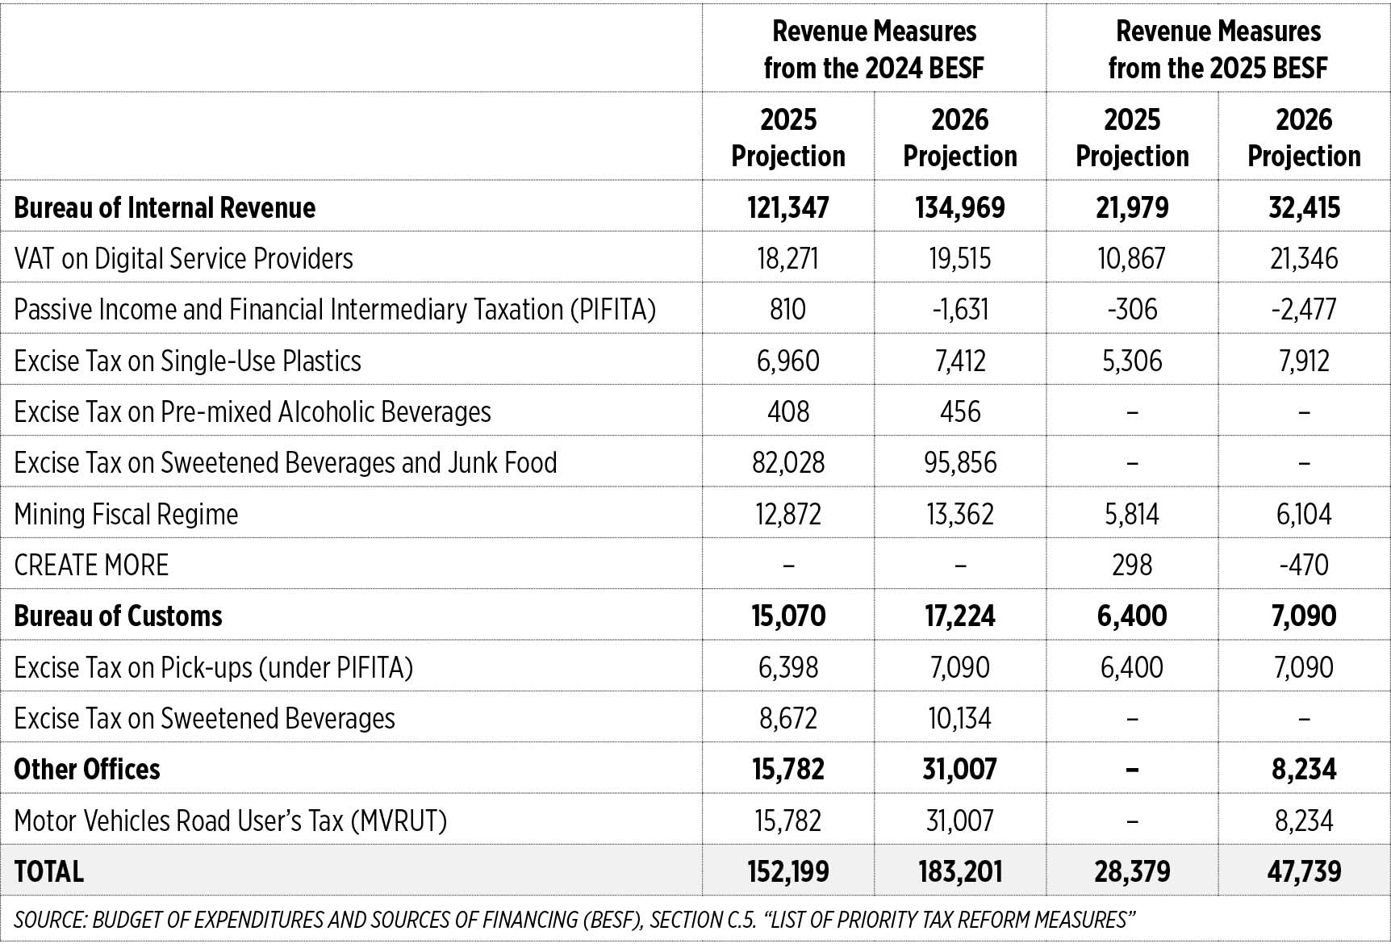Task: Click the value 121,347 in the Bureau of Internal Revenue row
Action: point(788,207)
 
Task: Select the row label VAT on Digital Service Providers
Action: point(184,258)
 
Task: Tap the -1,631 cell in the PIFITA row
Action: point(960,309)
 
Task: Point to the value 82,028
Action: point(788,462)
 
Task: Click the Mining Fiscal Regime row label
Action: point(127,514)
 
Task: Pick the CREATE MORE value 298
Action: point(1132,565)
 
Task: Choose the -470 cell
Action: point(1304,565)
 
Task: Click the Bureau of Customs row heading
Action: point(119,616)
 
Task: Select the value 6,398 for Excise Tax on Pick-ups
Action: point(788,667)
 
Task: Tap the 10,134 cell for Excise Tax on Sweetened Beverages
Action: point(960,718)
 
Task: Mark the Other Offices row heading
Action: point(87,769)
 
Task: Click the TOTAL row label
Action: point(49,871)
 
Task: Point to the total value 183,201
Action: point(960,871)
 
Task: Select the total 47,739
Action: point(1304,871)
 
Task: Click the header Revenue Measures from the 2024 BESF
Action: point(875,49)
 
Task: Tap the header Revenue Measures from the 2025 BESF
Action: point(1218,49)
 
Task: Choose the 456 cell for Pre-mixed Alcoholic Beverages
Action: point(960,411)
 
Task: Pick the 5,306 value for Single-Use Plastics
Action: point(1132,361)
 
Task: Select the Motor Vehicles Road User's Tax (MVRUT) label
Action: point(231,820)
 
